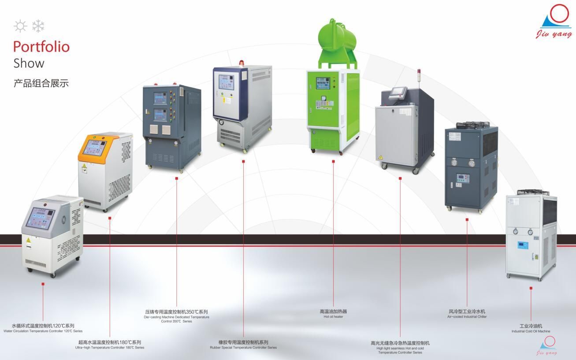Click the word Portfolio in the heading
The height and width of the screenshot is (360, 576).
(41, 46)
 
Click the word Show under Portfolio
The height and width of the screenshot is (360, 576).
(29, 63)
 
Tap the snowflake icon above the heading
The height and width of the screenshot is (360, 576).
(38, 26)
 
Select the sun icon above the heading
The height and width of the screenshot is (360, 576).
(20, 26)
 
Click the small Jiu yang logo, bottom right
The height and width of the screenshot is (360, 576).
(547, 345)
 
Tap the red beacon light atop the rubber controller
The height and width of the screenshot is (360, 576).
(241, 63)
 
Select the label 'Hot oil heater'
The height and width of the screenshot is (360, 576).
(333, 317)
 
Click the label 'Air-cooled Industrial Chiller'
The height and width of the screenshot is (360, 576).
(467, 317)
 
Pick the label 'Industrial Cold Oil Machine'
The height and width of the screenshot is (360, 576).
(531, 331)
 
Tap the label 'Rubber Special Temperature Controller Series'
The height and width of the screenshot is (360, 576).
(243, 348)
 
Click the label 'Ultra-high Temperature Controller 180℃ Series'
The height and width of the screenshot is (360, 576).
(110, 348)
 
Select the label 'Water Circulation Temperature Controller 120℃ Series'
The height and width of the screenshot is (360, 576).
(43, 331)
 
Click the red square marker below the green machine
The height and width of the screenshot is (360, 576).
(333, 161)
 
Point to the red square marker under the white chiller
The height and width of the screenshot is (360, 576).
(531, 288)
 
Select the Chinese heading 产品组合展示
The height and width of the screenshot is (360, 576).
(41, 83)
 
